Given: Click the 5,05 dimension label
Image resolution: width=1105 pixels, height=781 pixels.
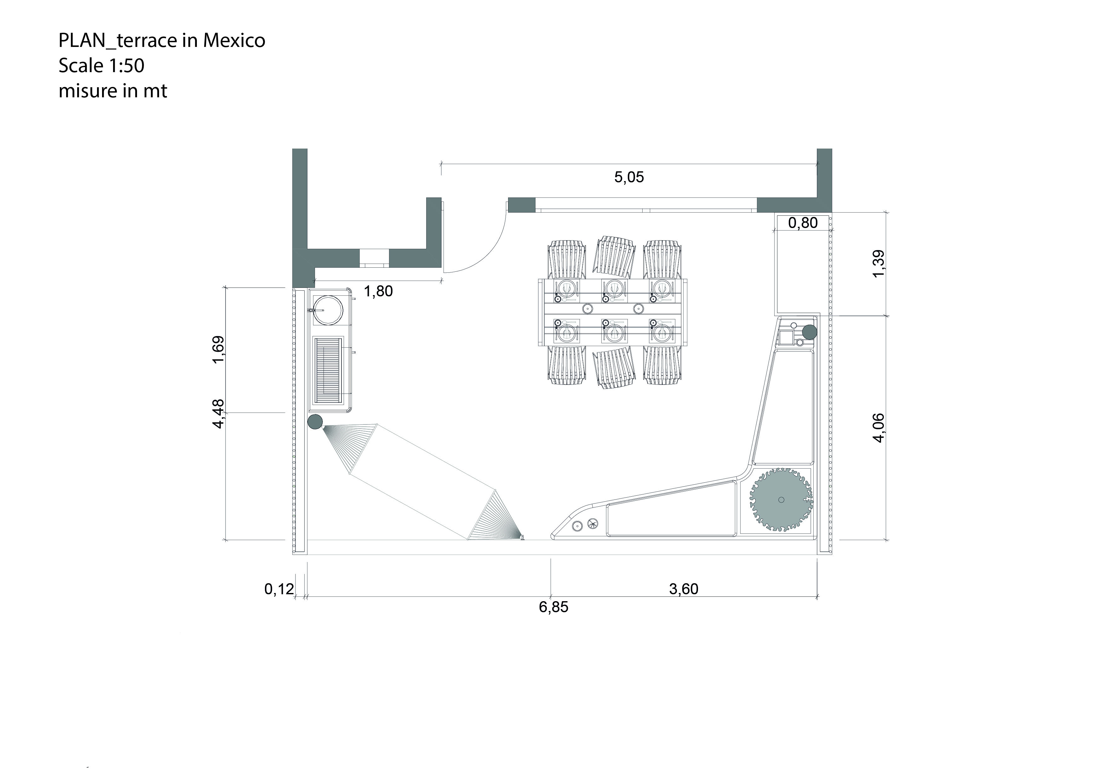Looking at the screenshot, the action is pyautogui.click(x=628, y=177).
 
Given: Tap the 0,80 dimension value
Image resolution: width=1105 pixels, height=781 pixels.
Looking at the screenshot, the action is pyautogui.click(x=803, y=223).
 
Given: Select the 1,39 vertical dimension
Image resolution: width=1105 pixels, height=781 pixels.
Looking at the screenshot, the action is pyautogui.click(x=878, y=264).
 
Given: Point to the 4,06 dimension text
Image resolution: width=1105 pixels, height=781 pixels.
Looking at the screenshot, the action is pyautogui.click(x=878, y=428).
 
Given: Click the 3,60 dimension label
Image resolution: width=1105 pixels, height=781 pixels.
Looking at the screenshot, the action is pyautogui.click(x=684, y=589).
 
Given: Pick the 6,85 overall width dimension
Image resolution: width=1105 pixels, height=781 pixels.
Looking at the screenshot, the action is pyautogui.click(x=553, y=607).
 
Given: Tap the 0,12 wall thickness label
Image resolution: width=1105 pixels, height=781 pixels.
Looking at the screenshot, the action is pyautogui.click(x=279, y=589).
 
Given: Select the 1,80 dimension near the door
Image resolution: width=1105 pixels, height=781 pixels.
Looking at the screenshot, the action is pyautogui.click(x=378, y=291).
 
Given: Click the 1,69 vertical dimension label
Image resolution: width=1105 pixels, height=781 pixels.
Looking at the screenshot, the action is pyautogui.click(x=218, y=350).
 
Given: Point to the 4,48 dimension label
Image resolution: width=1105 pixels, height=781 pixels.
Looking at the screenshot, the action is pyautogui.click(x=218, y=414).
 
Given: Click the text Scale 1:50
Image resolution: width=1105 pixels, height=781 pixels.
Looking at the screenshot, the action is pyautogui.click(x=101, y=66).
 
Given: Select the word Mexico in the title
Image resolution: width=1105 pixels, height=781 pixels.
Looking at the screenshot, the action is pyautogui.click(x=234, y=40).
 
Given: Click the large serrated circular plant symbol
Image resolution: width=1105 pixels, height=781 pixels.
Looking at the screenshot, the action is pyautogui.click(x=781, y=500).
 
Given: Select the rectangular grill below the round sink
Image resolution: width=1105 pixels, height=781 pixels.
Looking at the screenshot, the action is pyautogui.click(x=329, y=371).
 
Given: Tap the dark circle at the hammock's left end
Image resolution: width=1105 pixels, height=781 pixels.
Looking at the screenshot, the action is pyautogui.click(x=315, y=422).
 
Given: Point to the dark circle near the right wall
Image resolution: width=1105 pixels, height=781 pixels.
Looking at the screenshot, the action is pyautogui.click(x=810, y=332).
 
